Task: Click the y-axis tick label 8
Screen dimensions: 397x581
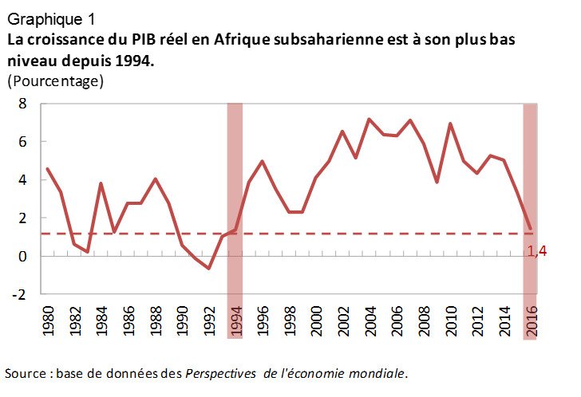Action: coord(23,104)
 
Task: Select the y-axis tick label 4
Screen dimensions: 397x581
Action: coord(23,180)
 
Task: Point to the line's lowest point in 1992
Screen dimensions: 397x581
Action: coord(208,269)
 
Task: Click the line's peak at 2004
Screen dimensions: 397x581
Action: coord(370,120)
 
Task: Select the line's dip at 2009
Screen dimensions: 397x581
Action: coord(437,182)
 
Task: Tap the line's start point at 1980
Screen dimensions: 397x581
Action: coord(48,169)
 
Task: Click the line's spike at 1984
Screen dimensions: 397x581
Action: coord(101,183)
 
